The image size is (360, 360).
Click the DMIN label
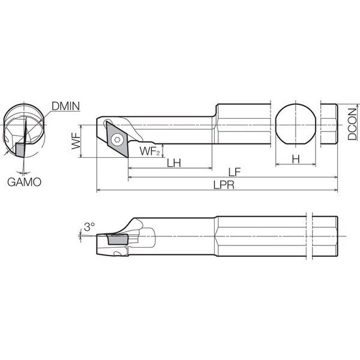pos(65,106)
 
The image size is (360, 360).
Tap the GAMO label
pos(24,182)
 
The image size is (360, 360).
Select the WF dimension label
pos(76,141)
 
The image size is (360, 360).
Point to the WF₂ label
pos(149,151)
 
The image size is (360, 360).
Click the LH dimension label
pos(174,163)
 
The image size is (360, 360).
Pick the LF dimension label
pos(235,172)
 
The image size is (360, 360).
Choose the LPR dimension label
pos(224,184)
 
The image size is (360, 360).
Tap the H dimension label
pos(296,159)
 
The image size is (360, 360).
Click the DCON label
pos(352,124)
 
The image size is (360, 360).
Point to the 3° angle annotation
pos(89,227)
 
